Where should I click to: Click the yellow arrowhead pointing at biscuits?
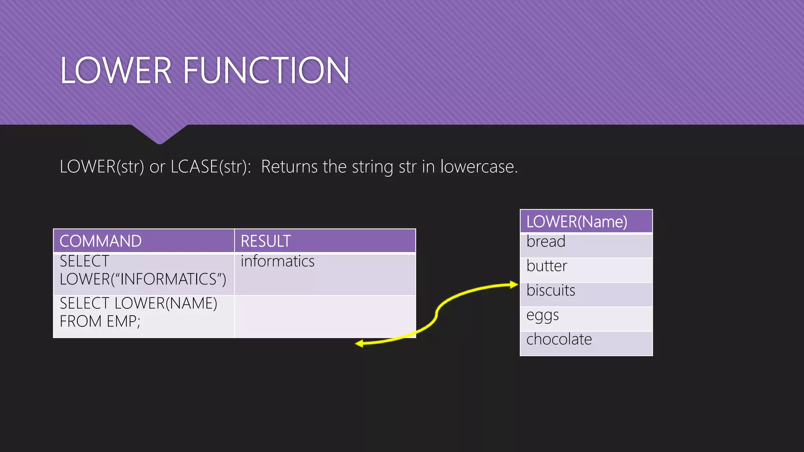[514, 285]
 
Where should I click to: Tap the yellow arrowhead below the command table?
[359, 344]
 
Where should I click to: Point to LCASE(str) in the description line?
[210, 167]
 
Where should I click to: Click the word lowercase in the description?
[479, 167]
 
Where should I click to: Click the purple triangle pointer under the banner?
[159, 134]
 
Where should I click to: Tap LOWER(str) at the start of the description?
[102, 167]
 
